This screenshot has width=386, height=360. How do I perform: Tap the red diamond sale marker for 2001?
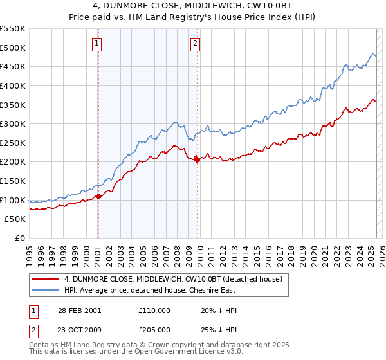coord(98,196)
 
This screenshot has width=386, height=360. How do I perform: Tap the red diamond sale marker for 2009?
coord(197,160)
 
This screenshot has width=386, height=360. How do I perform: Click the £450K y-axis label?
coord(13,66)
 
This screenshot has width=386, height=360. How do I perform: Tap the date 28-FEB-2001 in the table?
coord(78,310)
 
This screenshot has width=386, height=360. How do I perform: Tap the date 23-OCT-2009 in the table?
coord(78,329)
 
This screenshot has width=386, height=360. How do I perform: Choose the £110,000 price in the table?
coord(154,310)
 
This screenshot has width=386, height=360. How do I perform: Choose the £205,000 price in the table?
coord(154,329)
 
